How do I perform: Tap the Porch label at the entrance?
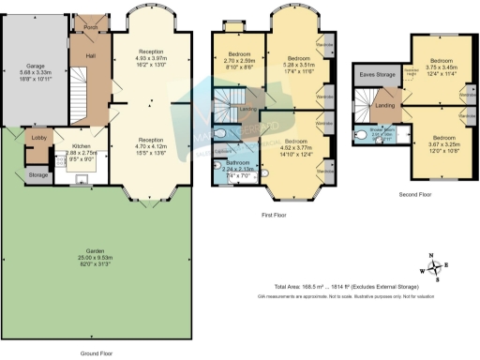[92, 27]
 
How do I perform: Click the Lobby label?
[38, 139]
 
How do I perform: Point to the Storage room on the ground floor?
[38, 173]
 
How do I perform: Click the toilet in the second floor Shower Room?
[364, 135]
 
